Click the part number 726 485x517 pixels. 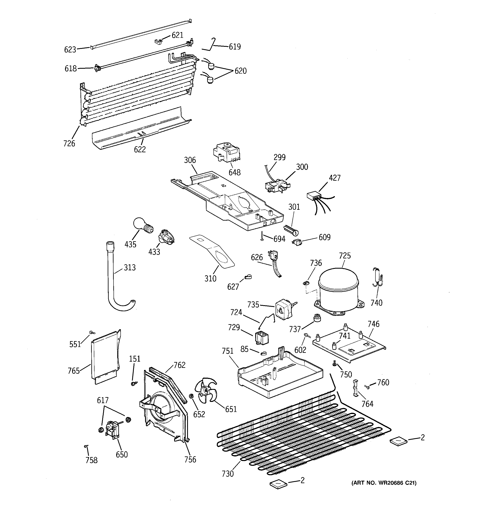69,143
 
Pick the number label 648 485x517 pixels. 234,172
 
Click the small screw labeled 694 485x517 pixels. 262,236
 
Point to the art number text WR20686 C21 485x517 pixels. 384,483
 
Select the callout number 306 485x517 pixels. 190,160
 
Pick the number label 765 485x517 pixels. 73,371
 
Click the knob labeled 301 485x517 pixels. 292,230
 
